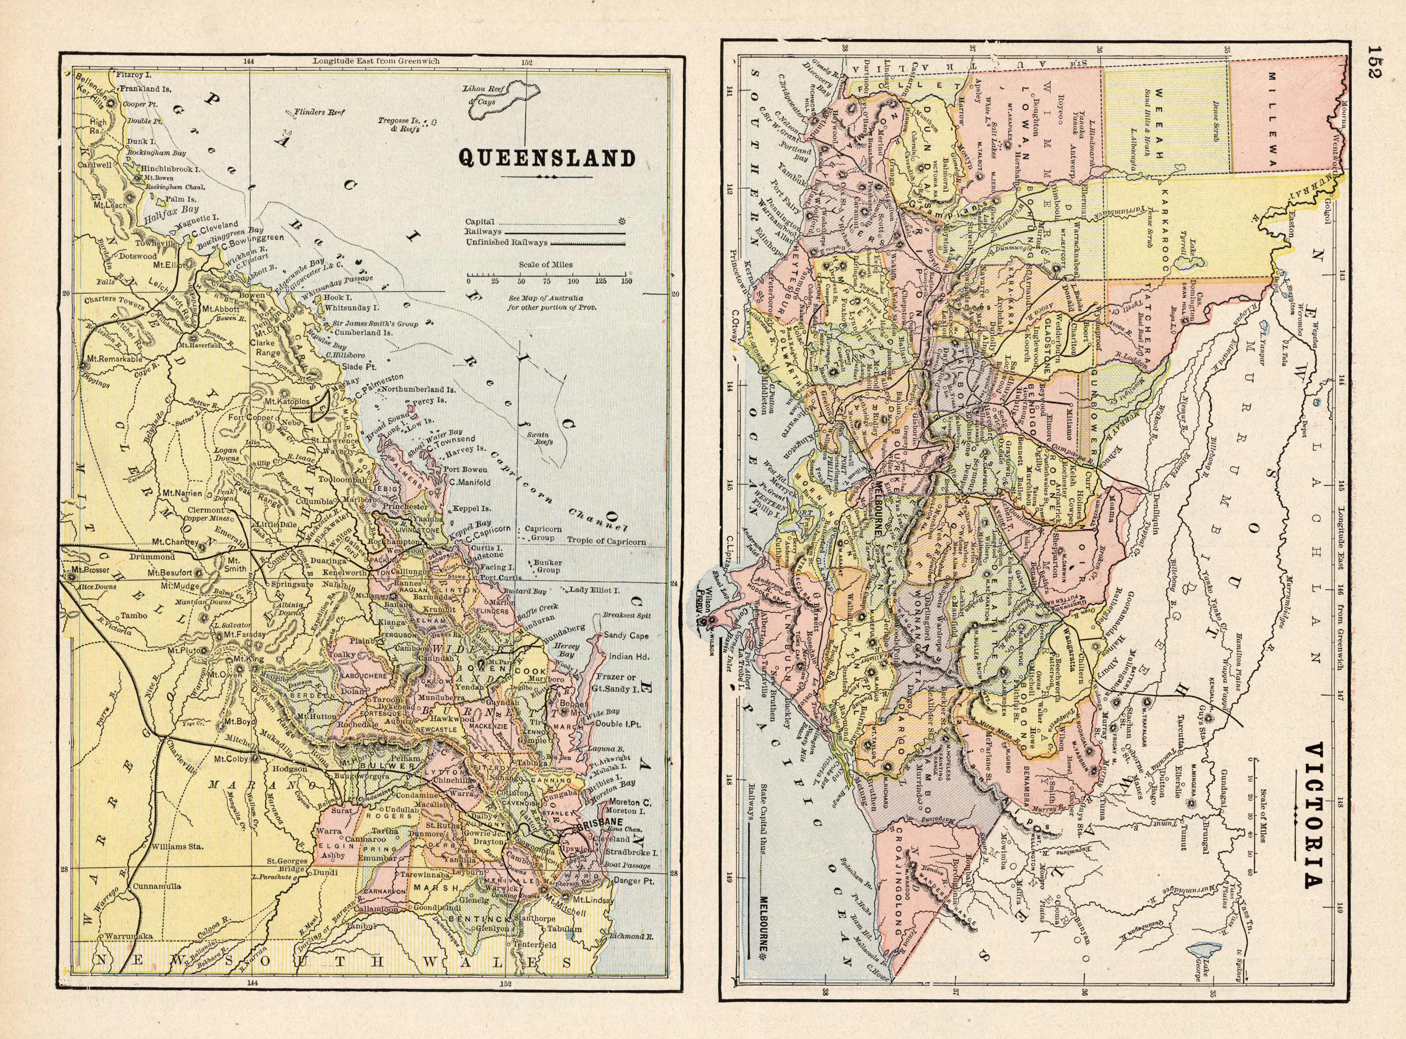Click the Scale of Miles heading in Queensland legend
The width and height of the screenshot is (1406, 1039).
(x=546, y=265)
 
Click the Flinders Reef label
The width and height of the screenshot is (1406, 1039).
(x=320, y=113)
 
